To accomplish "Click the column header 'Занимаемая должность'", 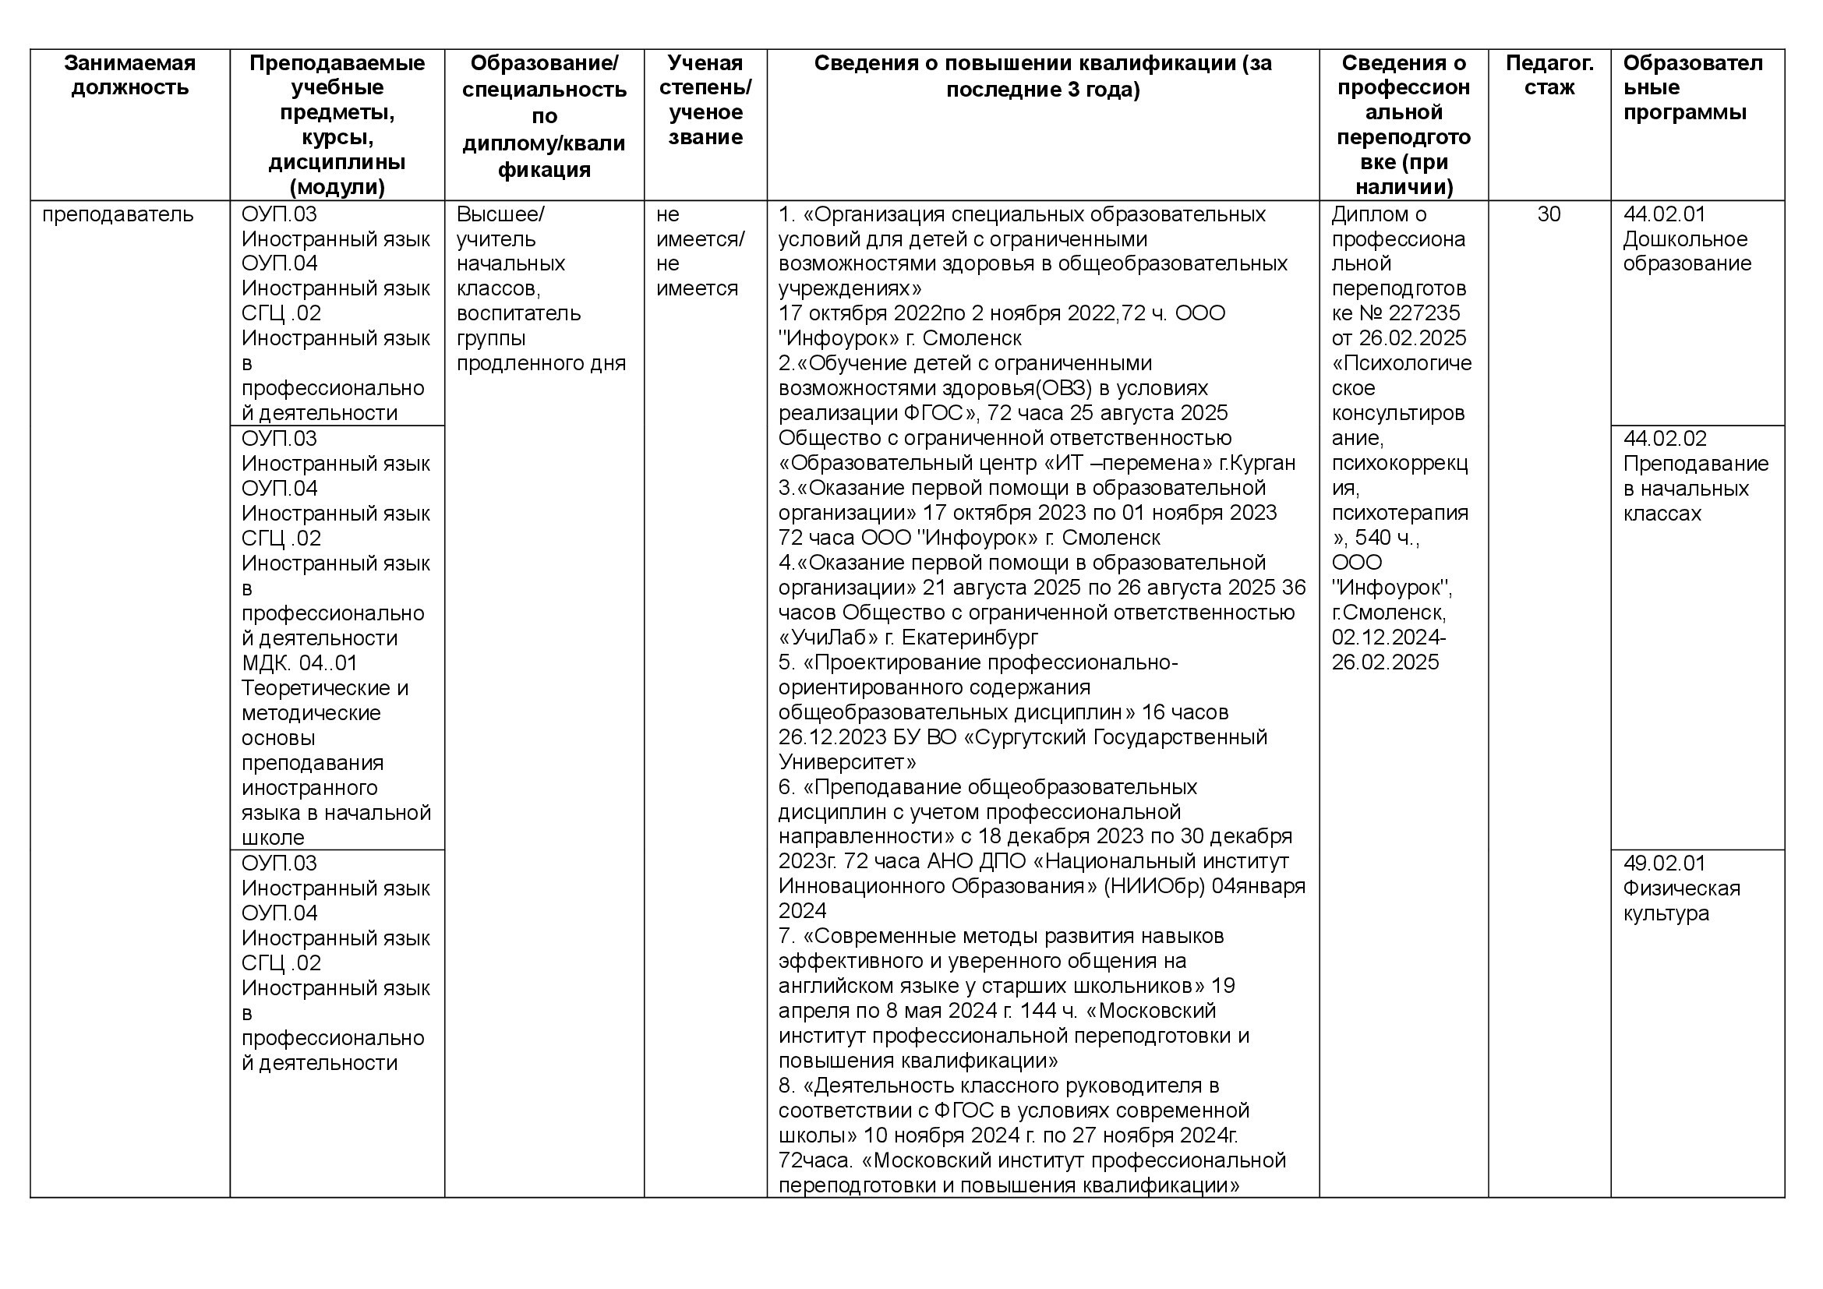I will click(x=129, y=75).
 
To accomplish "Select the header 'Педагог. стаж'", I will click(x=1549, y=75).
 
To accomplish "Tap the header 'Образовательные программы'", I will click(x=1692, y=87).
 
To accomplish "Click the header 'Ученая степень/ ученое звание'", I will click(x=705, y=99).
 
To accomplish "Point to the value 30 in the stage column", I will click(x=1549, y=214).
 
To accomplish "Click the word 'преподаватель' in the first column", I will click(x=118, y=214).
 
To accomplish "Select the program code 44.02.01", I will click(x=1664, y=214).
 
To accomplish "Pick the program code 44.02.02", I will click(x=1664, y=438).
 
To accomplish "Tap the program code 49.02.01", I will click(x=1664, y=863).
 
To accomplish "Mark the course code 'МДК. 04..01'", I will click(x=299, y=662).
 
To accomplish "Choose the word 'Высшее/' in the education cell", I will click(x=500, y=214).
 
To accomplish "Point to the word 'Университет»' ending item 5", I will click(x=846, y=763).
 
